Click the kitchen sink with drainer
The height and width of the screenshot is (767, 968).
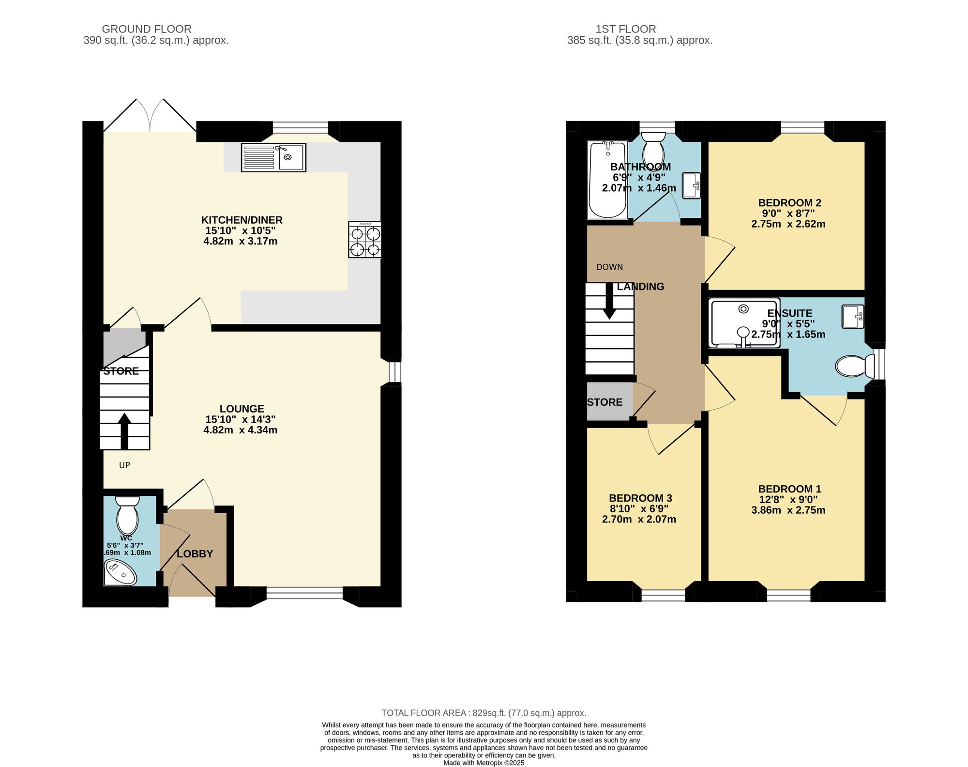point(273,157)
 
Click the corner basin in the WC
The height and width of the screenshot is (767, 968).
point(120,573)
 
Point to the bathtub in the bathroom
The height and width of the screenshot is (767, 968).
point(607,180)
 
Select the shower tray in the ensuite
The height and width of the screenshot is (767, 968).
point(744,323)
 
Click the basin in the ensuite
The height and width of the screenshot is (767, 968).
point(853,317)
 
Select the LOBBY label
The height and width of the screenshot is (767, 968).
point(195,554)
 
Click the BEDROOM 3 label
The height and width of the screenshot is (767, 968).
point(640,498)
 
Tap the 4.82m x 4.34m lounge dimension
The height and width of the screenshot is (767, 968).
point(241,430)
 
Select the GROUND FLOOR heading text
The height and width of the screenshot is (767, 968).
point(147,29)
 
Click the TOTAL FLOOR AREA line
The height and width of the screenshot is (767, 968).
point(484,713)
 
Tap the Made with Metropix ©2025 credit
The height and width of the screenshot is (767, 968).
point(484,763)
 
